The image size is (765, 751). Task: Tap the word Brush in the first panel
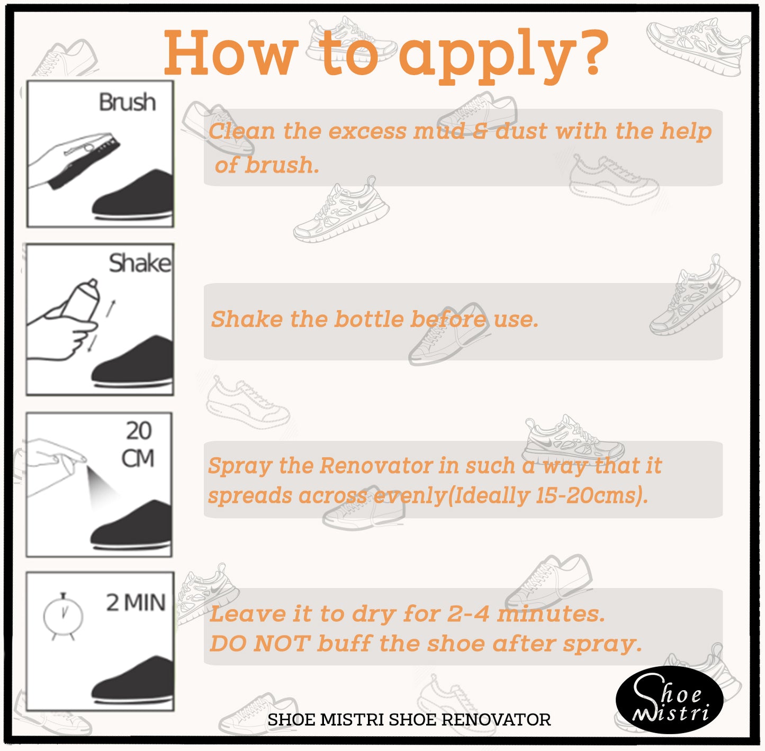coord(127,103)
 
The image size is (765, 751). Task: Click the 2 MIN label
coord(136,602)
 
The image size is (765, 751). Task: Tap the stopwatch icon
coord(63,616)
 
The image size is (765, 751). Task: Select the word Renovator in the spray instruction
coord(376,465)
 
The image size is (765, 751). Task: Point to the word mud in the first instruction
coord(439,131)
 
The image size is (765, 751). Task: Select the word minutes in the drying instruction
coord(551,614)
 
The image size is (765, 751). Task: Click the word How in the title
coord(231,53)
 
